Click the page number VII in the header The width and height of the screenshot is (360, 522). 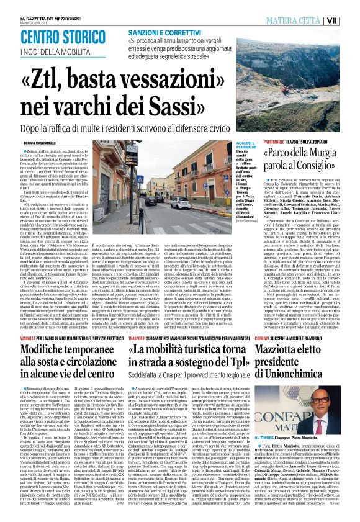(x=349, y=20)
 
